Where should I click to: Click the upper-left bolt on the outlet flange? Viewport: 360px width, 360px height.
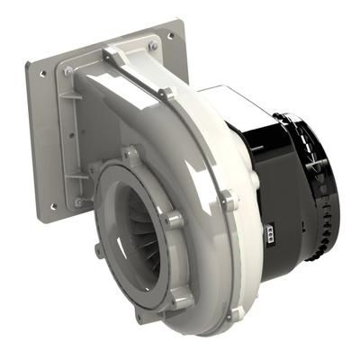point(68,70)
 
